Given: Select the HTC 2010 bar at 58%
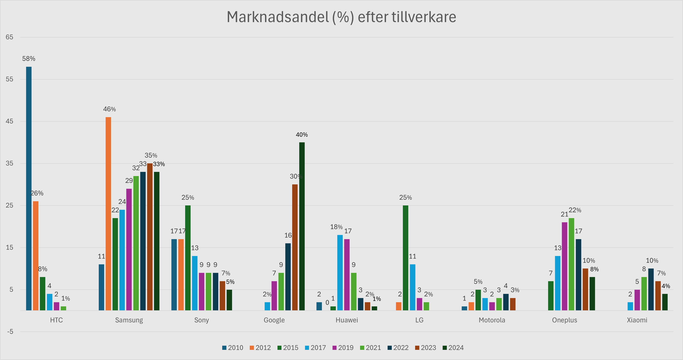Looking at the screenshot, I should coord(29,188).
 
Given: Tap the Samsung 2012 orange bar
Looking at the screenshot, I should coord(108,214).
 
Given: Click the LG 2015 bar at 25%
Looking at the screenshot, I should coord(405,258).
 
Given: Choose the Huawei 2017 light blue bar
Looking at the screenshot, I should coord(340,272).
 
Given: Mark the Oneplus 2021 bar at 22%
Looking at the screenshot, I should coord(571,264).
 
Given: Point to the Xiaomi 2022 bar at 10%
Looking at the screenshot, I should coord(651,289).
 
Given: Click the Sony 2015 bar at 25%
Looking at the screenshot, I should coord(188,258).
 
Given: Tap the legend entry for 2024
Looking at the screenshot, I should coord(453,347).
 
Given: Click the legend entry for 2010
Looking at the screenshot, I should coord(233,347).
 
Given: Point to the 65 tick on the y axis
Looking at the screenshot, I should coord(10,37).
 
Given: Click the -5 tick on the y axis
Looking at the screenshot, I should coord(10,332).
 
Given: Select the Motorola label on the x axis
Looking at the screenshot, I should coord(492,320).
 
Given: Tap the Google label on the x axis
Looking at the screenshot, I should coord(274,320).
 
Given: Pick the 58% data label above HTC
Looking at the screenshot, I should coord(29,59).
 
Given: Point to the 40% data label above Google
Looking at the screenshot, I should coord(302,135).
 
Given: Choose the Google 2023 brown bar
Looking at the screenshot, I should coord(295,247).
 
